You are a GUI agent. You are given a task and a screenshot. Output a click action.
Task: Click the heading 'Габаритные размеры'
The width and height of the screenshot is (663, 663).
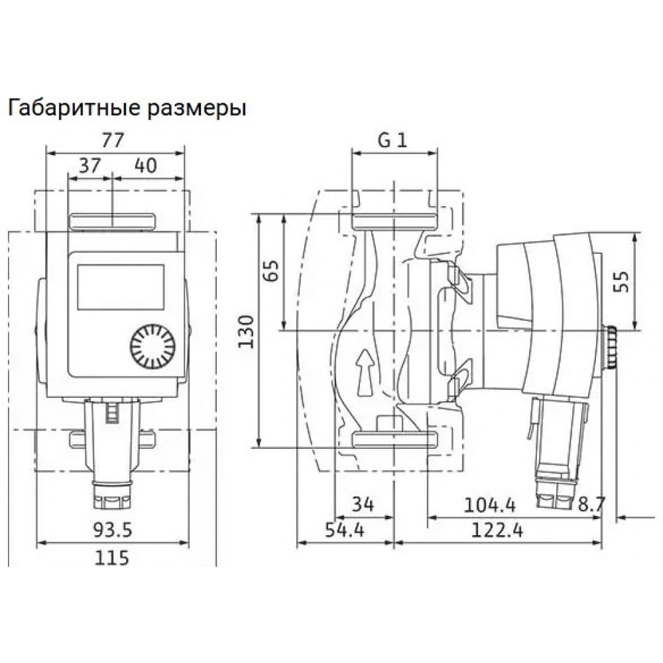coord(127,108)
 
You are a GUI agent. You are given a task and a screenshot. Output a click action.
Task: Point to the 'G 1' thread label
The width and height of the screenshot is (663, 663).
coord(394,140)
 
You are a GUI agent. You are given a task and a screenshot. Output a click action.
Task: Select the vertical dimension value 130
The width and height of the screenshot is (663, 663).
coord(246,330)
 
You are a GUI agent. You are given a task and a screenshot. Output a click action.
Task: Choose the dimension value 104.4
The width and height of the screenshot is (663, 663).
coord(489,505)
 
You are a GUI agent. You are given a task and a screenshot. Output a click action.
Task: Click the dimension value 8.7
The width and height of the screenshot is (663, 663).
coord(591,505)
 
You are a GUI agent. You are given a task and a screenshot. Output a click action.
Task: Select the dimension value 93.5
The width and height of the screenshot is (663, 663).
coord(113,530)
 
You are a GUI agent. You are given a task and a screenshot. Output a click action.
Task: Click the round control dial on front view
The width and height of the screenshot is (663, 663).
coord(152,347)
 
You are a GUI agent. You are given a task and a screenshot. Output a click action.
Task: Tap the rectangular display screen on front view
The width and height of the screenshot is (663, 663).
coord(121,286)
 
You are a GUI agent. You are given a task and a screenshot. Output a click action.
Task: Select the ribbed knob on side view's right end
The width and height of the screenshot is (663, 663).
coord(610,347)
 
